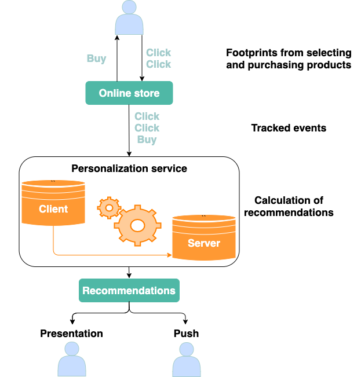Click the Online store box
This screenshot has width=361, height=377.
(x=129, y=93)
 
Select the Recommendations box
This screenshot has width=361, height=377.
(x=129, y=290)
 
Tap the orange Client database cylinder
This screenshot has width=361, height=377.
(x=53, y=203)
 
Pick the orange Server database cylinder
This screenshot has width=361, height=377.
(x=203, y=237)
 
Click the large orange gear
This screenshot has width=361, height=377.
(x=137, y=224)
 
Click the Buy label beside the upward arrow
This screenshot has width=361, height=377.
(x=96, y=58)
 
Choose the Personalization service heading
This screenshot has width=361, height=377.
(x=129, y=169)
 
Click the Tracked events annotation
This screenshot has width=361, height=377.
(x=289, y=128)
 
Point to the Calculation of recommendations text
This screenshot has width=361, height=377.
(x=289, y=206)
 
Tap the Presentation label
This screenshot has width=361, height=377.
(x=71, y=334)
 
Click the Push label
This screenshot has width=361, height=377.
(x=186, y=334)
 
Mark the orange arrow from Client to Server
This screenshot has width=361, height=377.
(x=110, y=254)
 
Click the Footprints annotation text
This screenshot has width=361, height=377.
(x=289, y=58)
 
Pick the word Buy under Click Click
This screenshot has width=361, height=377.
(x=147, y=140)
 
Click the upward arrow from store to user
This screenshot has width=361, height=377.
(x=117, y=58)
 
